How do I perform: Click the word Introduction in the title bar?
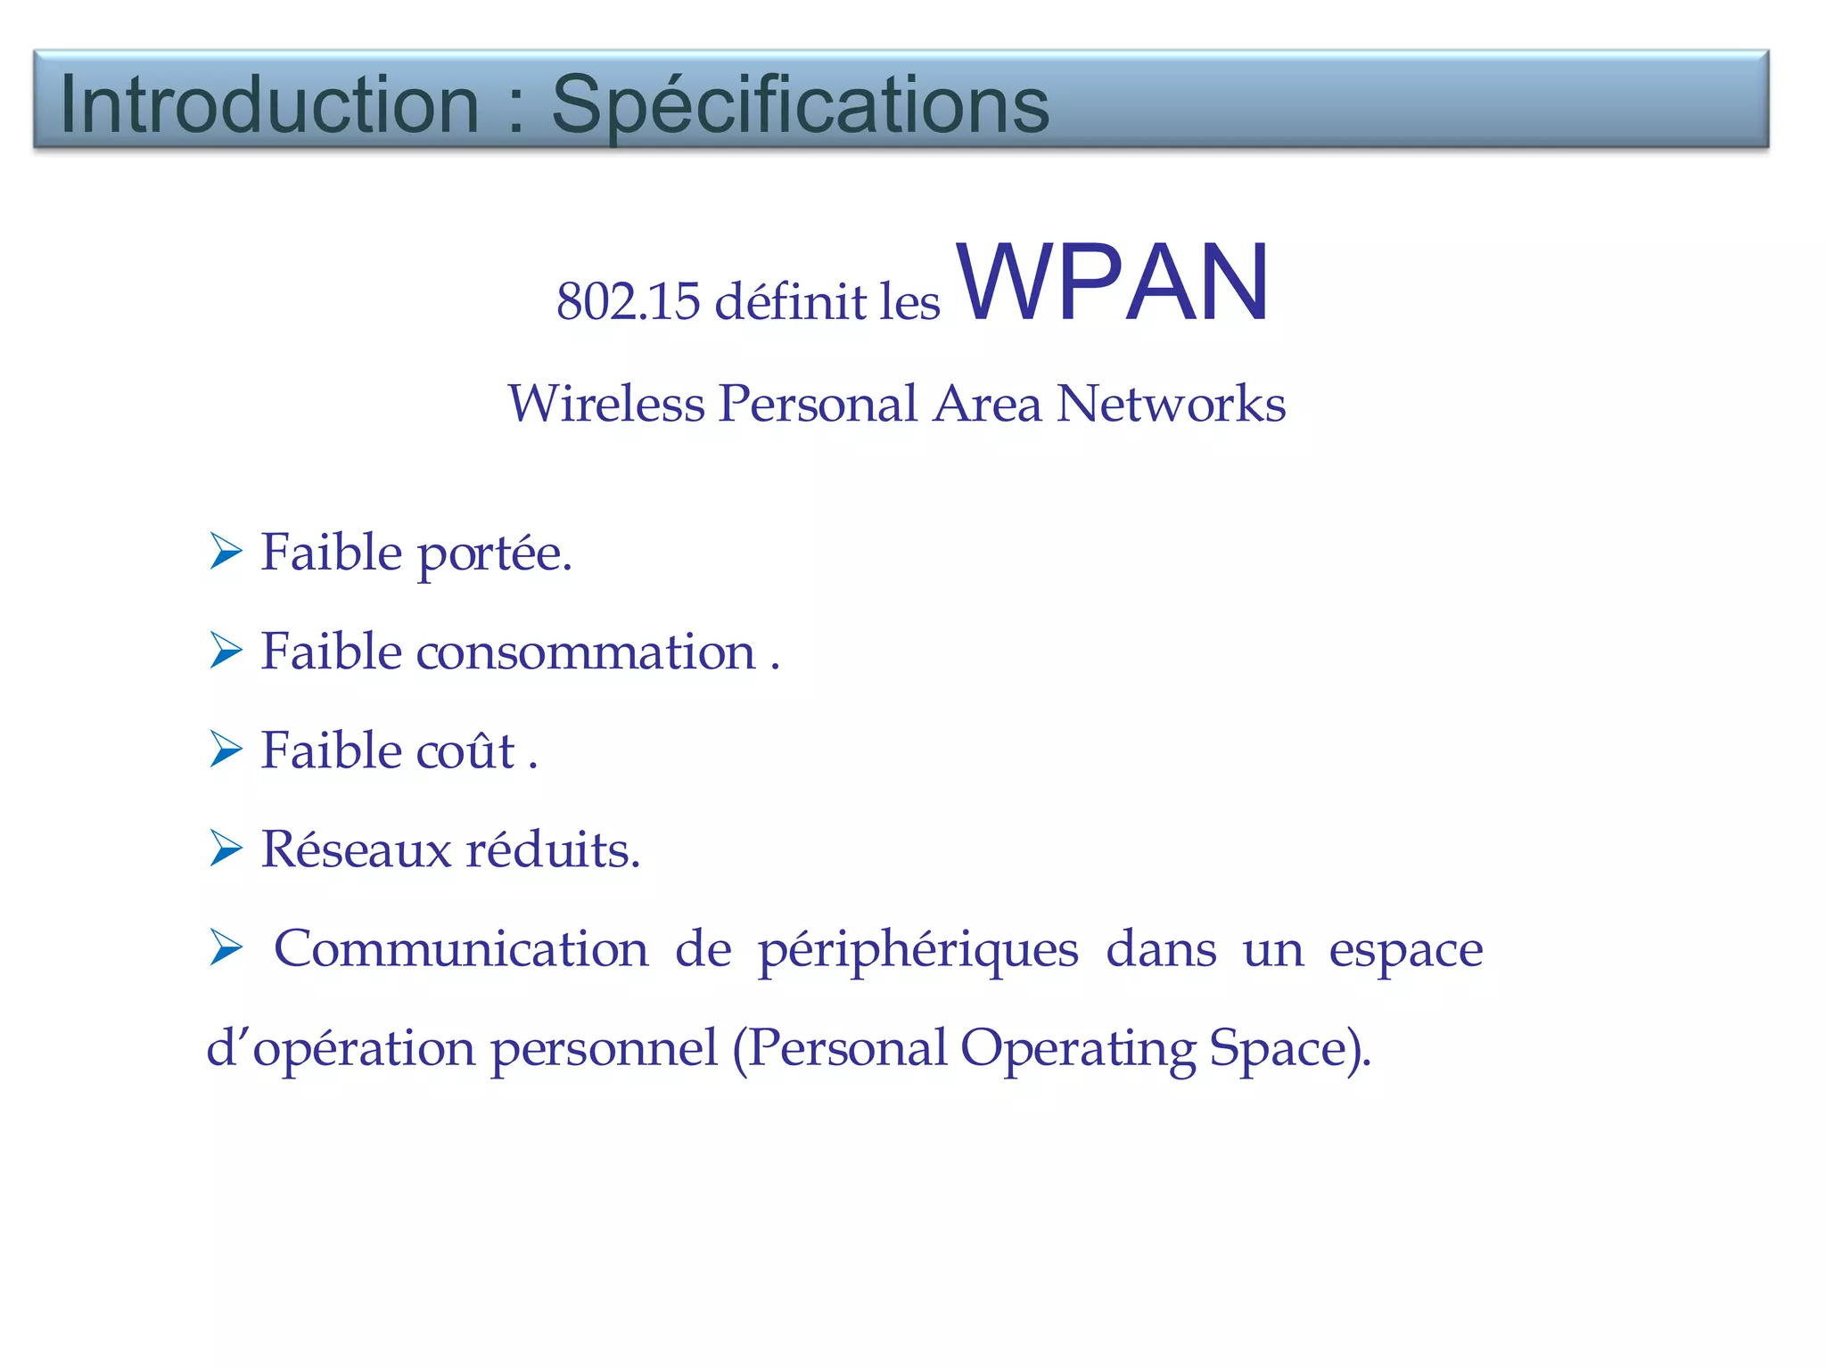click(269, 104)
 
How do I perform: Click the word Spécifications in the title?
click(800, 104)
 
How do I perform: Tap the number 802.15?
click(628, 301)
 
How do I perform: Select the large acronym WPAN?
click(1113, 283)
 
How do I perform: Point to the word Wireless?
click(605, 403)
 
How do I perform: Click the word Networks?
click(1171, 403)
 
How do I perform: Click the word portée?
click(493, 554)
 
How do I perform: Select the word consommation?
click(586, 652)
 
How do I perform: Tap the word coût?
click(465, 750)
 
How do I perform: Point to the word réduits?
click(553, 848)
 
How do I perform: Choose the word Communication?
click(461, 947)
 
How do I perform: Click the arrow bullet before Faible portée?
click(226, 552)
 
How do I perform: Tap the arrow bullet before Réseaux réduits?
click(226, 848)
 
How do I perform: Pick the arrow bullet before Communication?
click(226, 947)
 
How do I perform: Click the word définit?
click(790, 301)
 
